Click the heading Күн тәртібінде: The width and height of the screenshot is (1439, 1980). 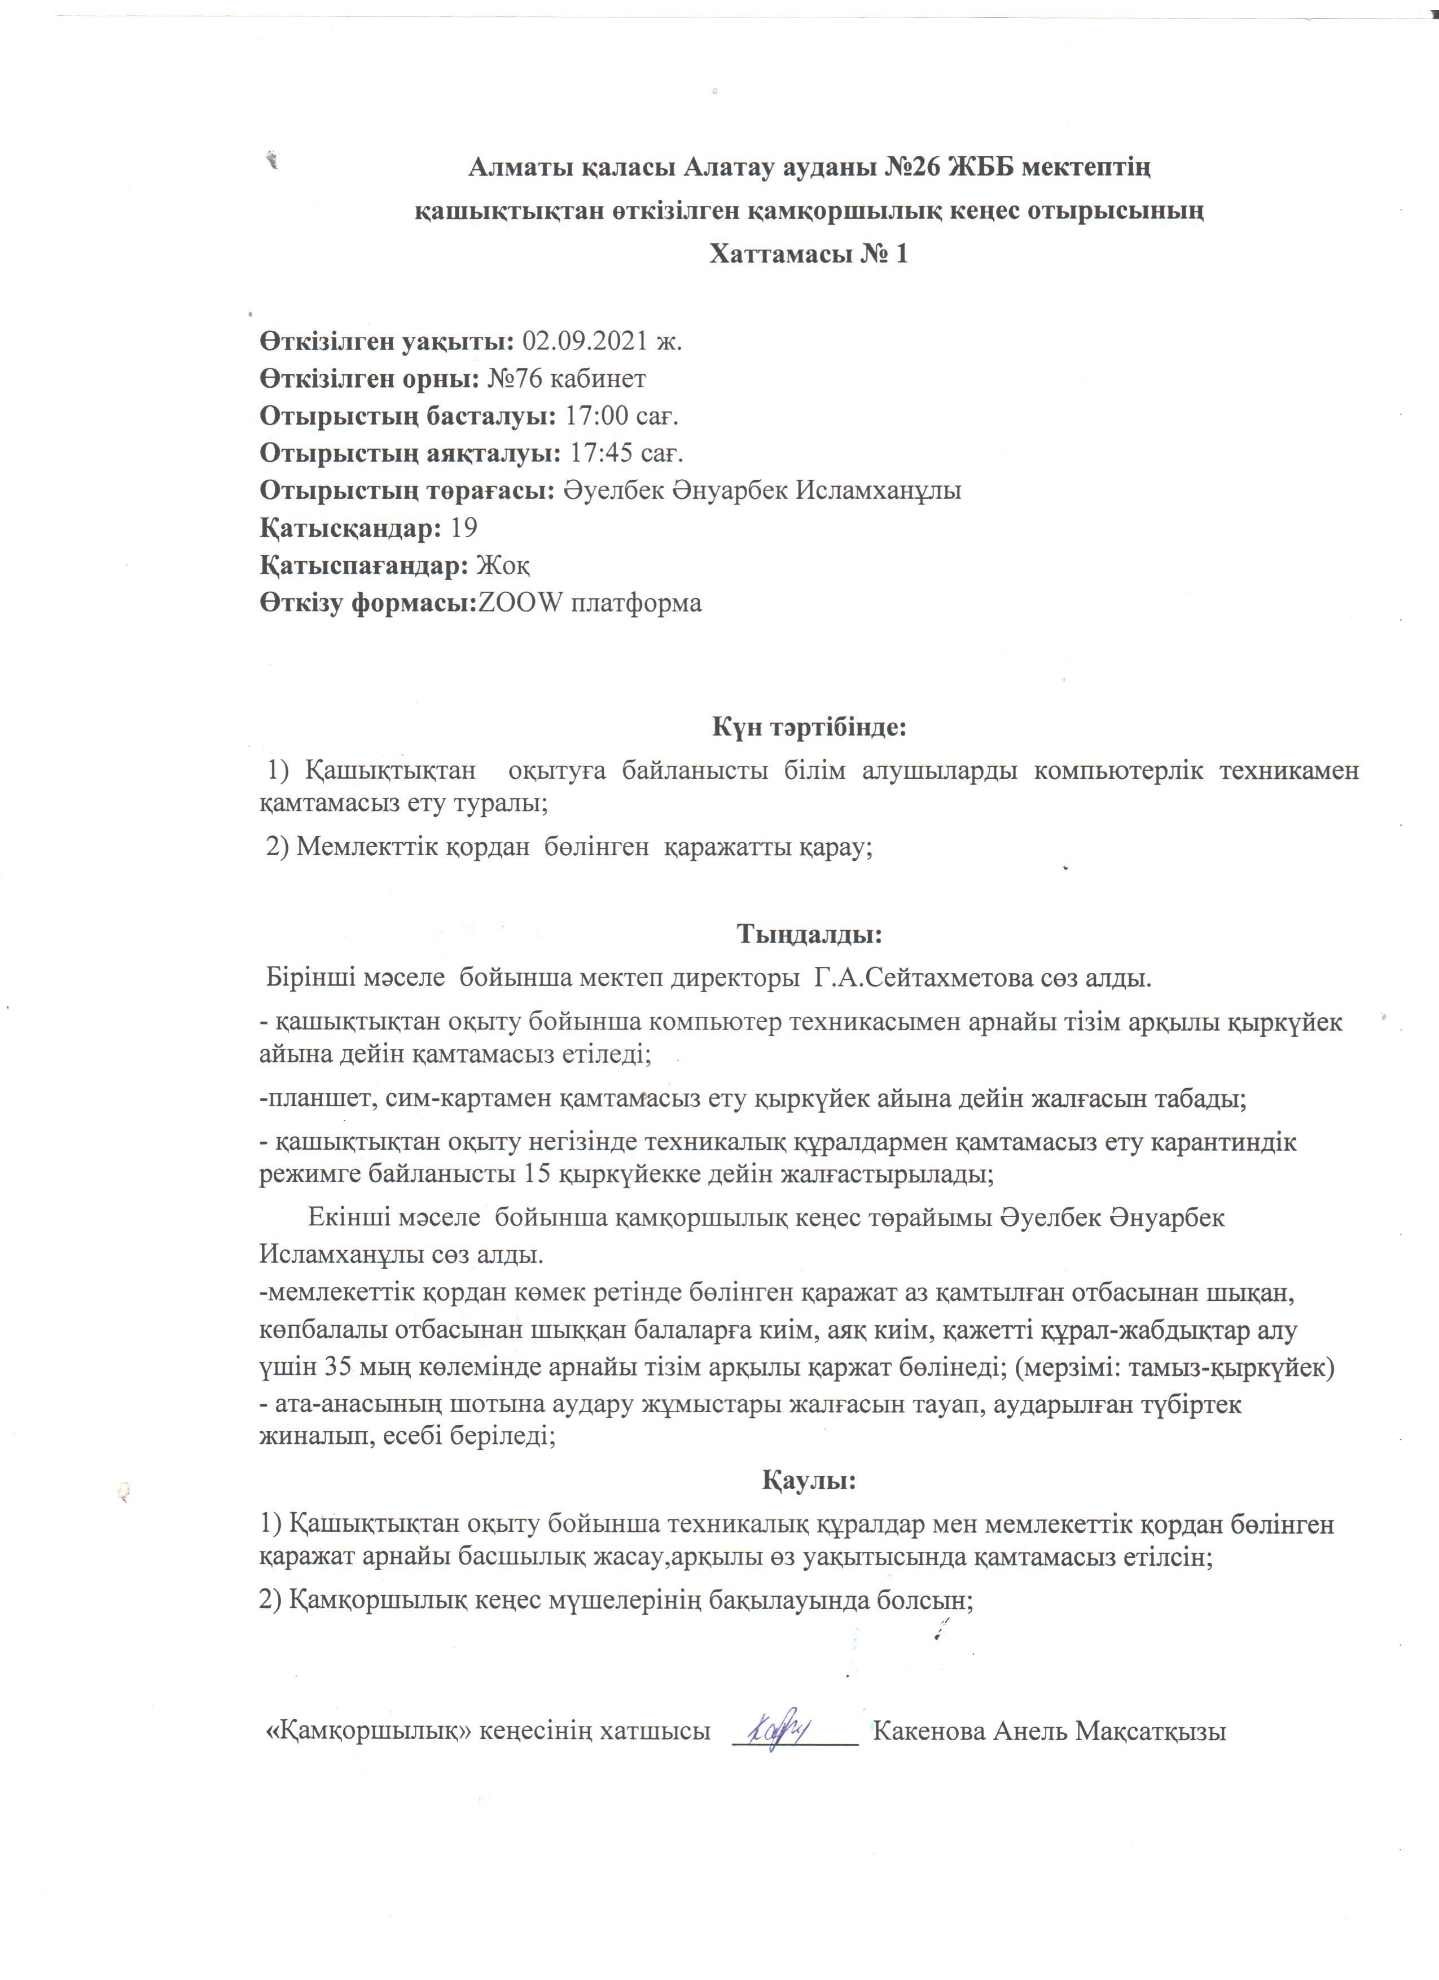point(809,726)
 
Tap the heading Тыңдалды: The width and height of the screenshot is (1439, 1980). point(810,934)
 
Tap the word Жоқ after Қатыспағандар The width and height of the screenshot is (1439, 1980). point(503,566)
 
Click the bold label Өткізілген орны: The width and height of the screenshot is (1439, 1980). point(369,378)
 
